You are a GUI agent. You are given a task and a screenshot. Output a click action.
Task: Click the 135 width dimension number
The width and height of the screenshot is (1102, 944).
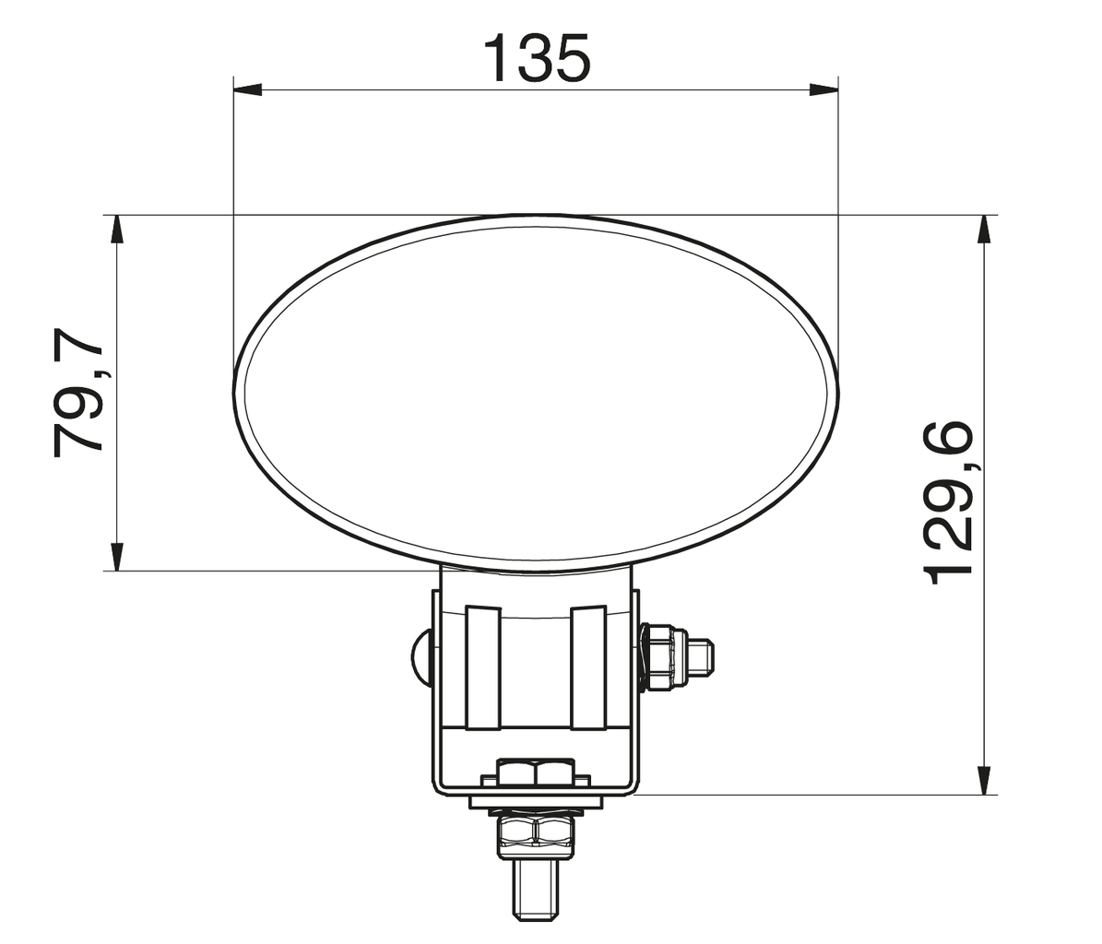(536, 58)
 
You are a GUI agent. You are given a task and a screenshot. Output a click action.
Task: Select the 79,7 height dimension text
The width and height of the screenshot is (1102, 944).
(78, 391)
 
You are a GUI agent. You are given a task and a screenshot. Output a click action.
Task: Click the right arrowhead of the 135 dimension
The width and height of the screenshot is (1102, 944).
(824, 89)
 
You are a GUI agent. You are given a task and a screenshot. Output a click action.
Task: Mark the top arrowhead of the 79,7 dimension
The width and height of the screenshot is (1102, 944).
(116, 230)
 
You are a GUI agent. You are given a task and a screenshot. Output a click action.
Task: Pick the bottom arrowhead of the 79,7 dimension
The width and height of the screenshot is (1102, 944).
(116, 556)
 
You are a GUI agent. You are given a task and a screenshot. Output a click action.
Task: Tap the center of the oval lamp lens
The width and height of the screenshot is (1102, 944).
(536, 390)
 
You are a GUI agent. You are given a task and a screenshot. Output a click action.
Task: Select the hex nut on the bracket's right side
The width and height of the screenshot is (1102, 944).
(663, 656)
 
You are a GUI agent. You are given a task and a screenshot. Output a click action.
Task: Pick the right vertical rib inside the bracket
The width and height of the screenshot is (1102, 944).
(587, 667)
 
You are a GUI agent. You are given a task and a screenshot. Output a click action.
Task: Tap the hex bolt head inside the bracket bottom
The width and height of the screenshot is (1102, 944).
(535, 773)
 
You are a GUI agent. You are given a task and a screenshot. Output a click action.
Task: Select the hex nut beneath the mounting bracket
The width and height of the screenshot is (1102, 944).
(535, 831)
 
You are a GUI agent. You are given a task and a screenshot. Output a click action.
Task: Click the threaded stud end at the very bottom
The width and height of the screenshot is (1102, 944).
(535, 890)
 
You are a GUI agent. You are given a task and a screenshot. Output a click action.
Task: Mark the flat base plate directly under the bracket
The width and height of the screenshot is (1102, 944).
(535, 803)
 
